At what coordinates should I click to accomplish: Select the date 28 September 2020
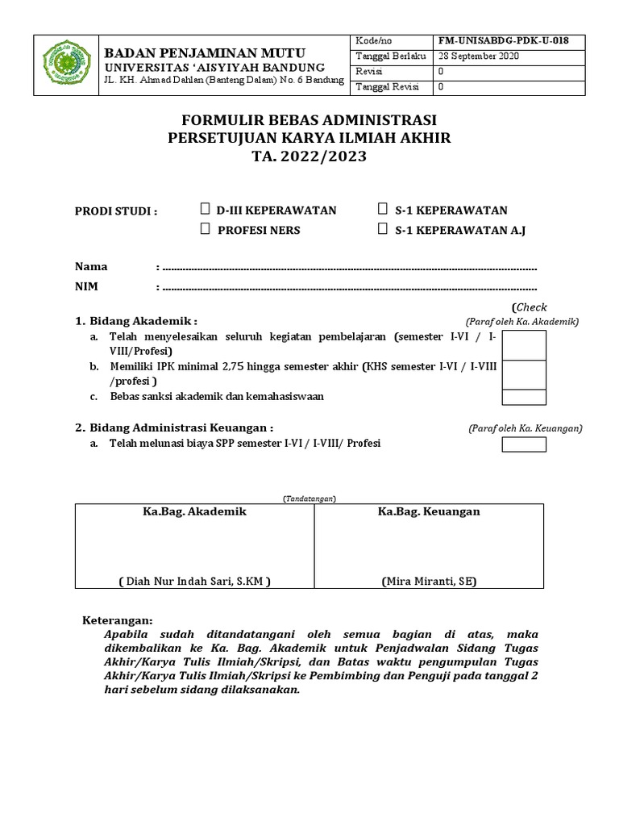479,56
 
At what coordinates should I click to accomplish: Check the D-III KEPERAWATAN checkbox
206,210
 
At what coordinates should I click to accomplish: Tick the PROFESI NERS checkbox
206,230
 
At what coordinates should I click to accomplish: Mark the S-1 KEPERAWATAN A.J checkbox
383,230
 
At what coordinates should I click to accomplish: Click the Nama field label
91,267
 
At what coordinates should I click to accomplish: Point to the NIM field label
86,286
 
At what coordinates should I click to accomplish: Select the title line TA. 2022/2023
309,156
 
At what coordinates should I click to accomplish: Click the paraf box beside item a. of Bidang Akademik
524,344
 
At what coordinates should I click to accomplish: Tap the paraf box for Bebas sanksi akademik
524,397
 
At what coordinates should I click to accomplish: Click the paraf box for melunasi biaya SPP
524,444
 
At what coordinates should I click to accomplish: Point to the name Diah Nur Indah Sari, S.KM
194,580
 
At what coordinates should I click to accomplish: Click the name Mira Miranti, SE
429,580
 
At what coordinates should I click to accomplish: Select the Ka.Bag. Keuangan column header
429,511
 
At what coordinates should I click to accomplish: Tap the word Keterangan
118,620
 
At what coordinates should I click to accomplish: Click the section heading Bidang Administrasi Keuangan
174,428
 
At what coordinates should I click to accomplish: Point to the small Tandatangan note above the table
309,499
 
